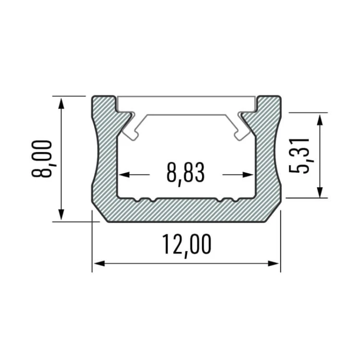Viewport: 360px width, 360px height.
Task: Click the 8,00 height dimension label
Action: point(43,158)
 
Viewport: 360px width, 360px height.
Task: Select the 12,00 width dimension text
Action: point(186,246)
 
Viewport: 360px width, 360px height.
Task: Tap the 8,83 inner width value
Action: point(185,174)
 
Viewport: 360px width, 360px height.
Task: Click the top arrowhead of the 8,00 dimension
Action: point(61,103)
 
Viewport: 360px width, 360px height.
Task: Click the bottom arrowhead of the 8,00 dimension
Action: point(61,214)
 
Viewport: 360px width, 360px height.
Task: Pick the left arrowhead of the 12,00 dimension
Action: point(99,264)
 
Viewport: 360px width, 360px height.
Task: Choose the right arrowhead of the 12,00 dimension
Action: point(274,264)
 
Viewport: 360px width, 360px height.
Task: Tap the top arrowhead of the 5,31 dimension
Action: point(320,120)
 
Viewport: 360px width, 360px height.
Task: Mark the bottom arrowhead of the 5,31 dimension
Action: point(320,192)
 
